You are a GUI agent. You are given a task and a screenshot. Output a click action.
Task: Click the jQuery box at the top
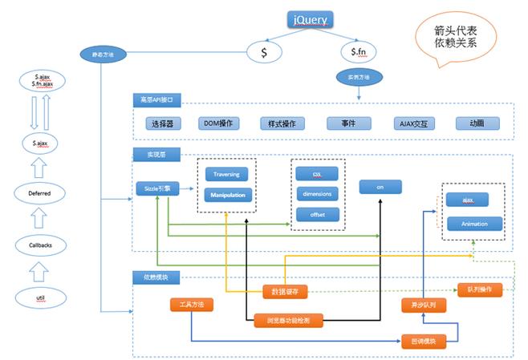[x=309, y=19]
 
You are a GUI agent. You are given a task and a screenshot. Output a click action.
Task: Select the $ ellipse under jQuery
[x=265, y=53]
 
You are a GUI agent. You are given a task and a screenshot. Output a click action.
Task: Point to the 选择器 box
[x=163, y=123]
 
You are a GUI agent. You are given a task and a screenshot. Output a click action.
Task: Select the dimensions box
[x=317, y=193]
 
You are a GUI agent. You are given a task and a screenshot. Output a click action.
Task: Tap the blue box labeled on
[x=380, y=187]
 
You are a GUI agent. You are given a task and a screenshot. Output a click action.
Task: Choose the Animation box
[x=473, y=224]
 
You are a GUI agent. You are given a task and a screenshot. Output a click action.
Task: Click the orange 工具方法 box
[x=192, y=305]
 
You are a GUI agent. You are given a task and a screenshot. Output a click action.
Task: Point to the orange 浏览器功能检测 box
[x=288, y=320]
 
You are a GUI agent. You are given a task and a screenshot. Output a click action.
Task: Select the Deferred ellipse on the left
[x=41, y=193]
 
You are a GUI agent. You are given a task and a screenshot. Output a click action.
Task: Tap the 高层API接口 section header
[x=157, y=100]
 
